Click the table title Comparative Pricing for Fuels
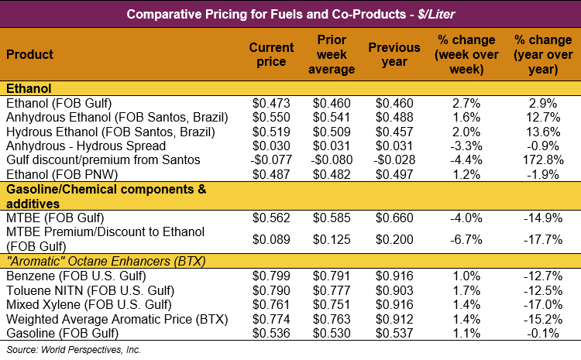(x=290, y=14)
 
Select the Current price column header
(x=271, y=55)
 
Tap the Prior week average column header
(x=335, y=55)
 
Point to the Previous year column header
(x=394, y=55)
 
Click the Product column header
(x=30, y=55)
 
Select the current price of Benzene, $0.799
(x=271, y=276)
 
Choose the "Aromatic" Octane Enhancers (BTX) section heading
(x=105, y=261)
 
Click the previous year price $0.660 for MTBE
(x=394, y=218)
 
